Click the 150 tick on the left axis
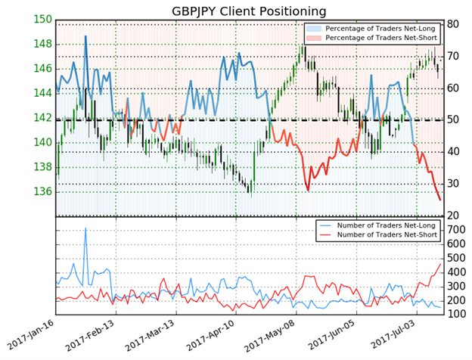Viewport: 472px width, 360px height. click(x=43, y=20)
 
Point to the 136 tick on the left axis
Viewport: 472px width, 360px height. click(x=43, y=191)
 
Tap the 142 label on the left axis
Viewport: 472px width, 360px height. click(x=43, y=118)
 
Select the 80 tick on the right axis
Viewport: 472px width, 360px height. click(x=454, y=24)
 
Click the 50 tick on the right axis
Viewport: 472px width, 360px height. click(x=454, y=119)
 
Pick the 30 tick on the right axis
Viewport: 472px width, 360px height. click(x=454, y=183)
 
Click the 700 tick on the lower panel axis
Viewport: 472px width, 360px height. click(x=457, y=228)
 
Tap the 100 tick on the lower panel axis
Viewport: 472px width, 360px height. click(x=457, y=314)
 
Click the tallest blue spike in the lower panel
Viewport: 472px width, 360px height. click(x=85, y=228)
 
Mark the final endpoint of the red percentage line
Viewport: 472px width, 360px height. click(x=441, y=200)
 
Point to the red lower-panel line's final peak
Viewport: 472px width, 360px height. click(x=441, y=263)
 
